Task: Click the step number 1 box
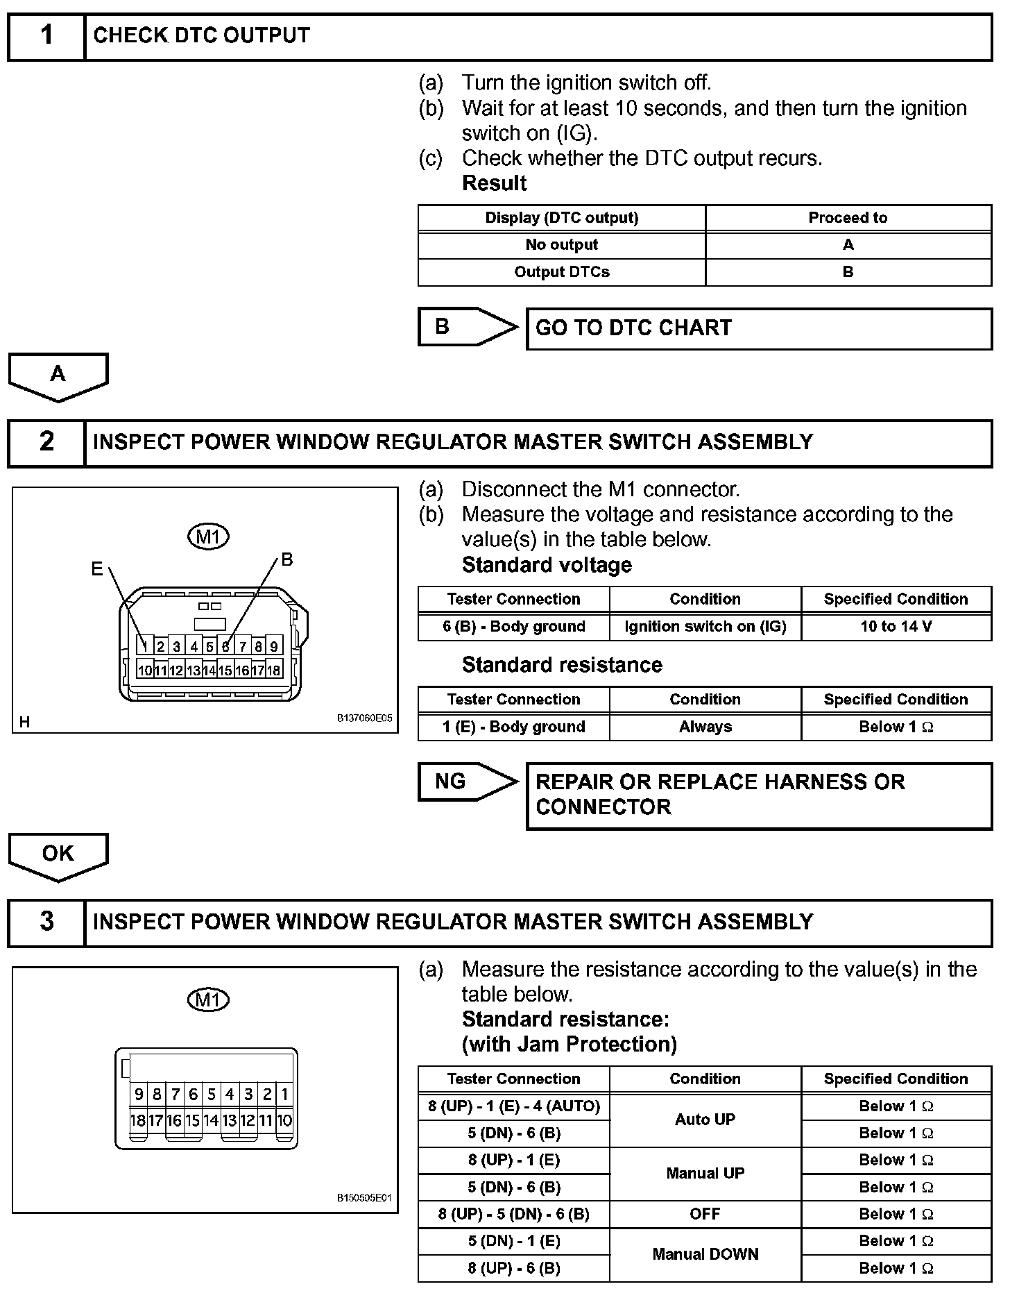pos(46,36)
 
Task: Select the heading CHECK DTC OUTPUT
pos(201,36)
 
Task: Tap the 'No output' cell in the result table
pos(561,245)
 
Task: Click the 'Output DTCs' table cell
pos(561,272)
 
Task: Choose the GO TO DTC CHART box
pos(759,328)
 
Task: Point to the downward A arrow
pos(58,376)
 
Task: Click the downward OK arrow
pos(58,855)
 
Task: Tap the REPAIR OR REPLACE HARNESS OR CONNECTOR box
pos(759,795)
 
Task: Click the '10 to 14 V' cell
pos(896,627)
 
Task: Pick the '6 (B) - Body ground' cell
pos(513,627)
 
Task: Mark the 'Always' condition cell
pos(705,727)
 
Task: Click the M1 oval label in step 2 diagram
pos(208,537)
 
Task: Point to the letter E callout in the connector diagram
pos(97,569)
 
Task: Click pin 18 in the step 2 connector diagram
pos(274,670)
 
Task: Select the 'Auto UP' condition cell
pos(705,1120)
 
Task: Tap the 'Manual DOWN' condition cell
pos(705,1254)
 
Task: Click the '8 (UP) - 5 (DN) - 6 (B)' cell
pos(513,1214)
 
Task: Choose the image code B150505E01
pos(364,1199)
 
